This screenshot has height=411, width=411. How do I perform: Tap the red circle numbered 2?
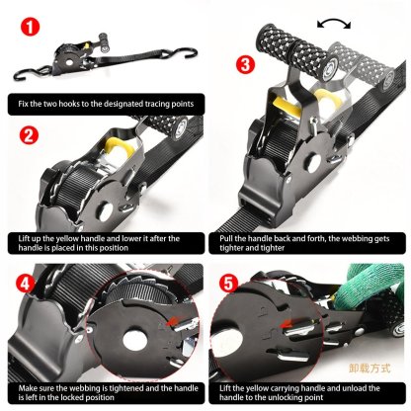click(29, 136)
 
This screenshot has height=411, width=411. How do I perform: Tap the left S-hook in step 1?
click(29, 74)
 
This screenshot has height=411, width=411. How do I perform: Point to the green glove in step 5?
click(374, 301)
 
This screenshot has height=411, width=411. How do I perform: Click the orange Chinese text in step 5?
click(370, 367)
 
